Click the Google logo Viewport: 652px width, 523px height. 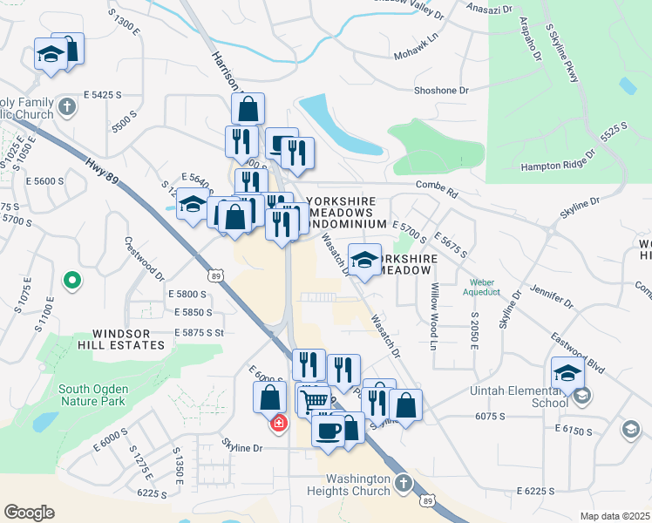coord(29,512)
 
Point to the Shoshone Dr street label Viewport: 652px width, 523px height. coord(442,90)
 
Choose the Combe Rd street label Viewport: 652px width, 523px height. coord(437,185)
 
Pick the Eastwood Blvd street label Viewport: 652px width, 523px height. coord(579,353)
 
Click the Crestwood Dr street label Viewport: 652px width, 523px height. coord(145,259)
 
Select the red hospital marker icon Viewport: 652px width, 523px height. coord(278,424)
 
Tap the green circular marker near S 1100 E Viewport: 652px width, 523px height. coord(73,282)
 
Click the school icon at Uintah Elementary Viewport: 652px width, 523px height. coord(582,397)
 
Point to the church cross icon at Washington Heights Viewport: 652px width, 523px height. coord(402,482)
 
